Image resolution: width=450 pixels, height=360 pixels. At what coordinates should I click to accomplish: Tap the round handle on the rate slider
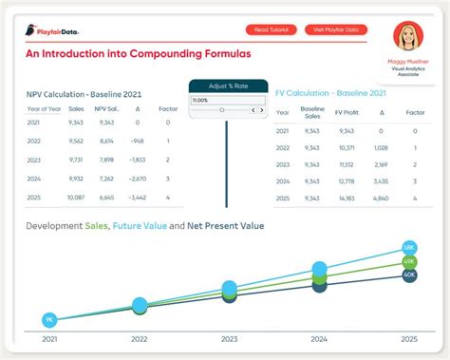click(222, 110)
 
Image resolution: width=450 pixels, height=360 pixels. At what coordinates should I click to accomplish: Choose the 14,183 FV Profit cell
click(346, 198)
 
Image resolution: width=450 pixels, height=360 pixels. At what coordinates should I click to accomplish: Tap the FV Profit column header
click(346, 111)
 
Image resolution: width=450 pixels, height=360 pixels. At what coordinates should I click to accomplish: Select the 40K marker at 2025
click(409, 275)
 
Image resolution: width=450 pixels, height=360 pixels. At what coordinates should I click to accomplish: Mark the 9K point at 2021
click(48, 320)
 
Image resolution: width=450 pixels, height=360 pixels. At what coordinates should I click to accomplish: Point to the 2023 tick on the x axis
click(230, 338)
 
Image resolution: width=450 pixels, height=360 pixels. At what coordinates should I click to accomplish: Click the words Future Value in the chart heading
click(141, 226)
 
